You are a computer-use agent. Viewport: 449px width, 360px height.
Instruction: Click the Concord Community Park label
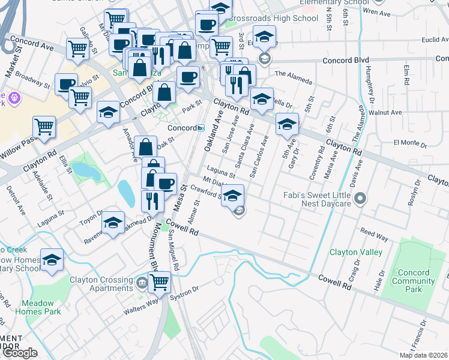[411, 281]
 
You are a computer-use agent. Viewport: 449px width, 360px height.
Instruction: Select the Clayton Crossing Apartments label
[101, 284]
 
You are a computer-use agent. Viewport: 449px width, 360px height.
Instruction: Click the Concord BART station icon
[202, 128]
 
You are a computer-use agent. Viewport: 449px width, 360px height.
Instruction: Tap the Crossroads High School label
[274, 19]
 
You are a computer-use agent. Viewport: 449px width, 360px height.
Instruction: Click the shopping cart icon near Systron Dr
[159, 281]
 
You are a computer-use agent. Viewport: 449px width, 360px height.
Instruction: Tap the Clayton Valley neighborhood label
[355, 253]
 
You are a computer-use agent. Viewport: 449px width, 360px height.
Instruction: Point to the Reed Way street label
[375, 232]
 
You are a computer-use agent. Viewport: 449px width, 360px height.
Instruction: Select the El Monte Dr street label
[409, 144]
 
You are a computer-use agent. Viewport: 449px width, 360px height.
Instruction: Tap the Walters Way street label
[140, 312]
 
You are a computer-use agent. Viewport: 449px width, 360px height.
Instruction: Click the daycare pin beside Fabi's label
[360, 198]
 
